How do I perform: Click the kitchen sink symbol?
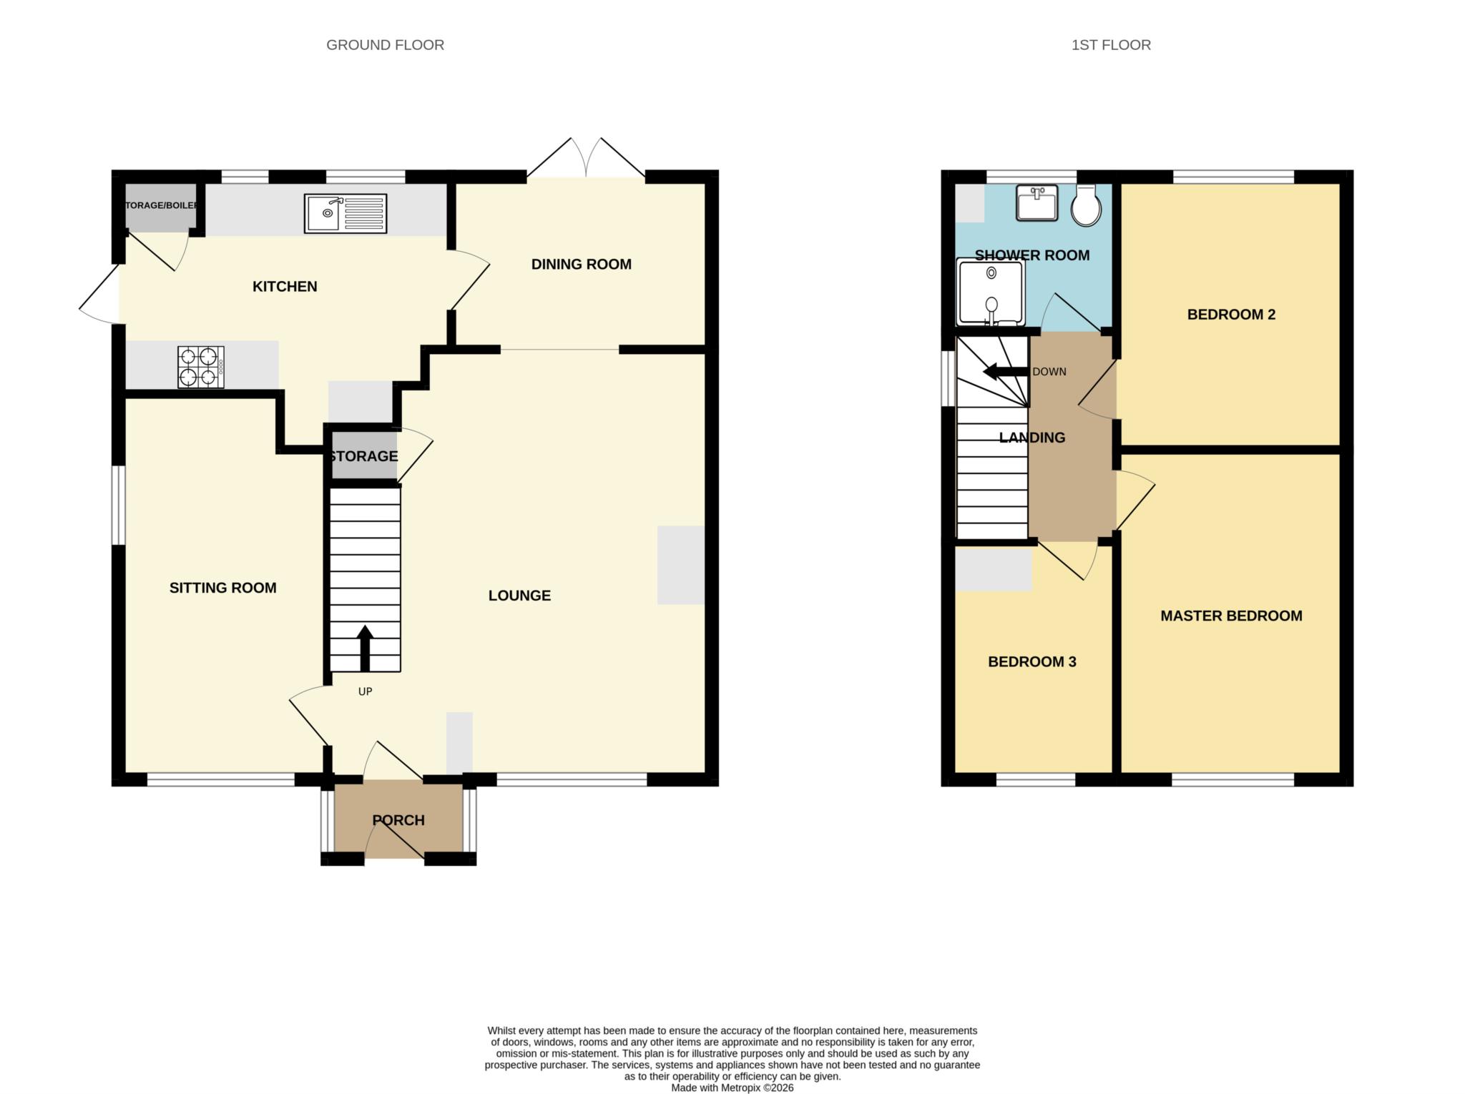point(345,213)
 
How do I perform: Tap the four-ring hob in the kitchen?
point(201,367)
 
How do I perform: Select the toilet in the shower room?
point(1086,206)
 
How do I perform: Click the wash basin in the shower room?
point(1037,203)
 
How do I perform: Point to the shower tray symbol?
point(991,292)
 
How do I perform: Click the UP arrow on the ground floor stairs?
point(365,648)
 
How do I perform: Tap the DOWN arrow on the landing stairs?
point(1005,372)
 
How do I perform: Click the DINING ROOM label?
point(581,265)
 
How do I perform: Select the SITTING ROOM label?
point(222,588)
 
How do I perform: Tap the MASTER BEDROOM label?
point(1230,616)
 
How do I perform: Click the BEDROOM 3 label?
point(1032,662)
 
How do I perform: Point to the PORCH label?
point(398,820)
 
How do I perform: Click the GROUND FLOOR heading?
point(385,45)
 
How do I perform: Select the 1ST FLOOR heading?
point(1110,45)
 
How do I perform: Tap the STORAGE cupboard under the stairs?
point(363,456)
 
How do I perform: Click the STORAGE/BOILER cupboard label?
point(161,206)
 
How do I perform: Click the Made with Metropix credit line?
point(732,1088)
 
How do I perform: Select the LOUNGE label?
point(519,596)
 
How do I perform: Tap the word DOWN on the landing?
point(1049,372)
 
